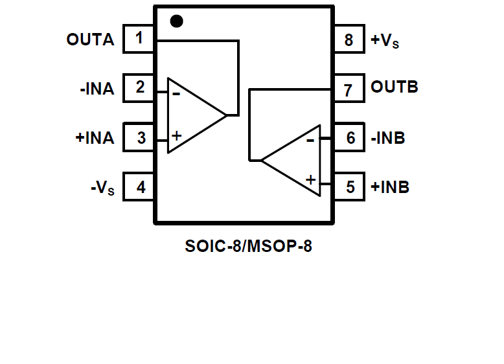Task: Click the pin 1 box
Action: [x=139, y=39]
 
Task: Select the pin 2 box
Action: [x=139, y=88]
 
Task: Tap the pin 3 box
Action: [x=139, y=137]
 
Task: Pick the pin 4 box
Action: [x=139, y=187]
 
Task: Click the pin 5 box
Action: [x=350, y=187]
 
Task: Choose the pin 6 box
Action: [x=350, y=138]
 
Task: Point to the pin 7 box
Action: [x=350, y=89]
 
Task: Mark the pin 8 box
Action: [x=350, y=40]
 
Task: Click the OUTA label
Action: [x=90, y=40]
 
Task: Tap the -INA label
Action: [x=97, y=89]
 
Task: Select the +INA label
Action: [x=95, y=138]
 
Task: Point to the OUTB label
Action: [x=394, y=87]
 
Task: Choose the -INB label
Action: [x=388, y=138]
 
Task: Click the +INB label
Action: [x=390, y=187]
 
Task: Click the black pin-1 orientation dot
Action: [x=176, y=21]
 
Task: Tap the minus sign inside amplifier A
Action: [x=176, y=94]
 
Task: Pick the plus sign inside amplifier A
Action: [x=176, y=135]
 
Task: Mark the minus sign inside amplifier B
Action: [x=311, y=139]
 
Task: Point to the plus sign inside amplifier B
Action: [x=311, y=179]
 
